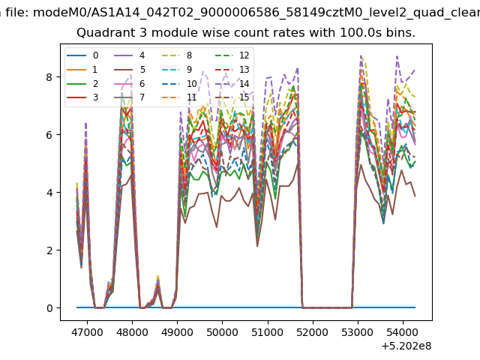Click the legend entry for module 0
82,55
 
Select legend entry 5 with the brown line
130,70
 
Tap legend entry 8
177,55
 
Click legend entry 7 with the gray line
130,97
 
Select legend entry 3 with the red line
82,97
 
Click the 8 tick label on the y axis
49,76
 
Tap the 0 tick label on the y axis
49,308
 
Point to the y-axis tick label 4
49,193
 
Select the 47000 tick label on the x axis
87,332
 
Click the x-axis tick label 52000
313,332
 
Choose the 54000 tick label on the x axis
403,332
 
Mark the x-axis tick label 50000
222,332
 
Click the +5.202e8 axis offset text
406,346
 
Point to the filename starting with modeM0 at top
256,13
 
